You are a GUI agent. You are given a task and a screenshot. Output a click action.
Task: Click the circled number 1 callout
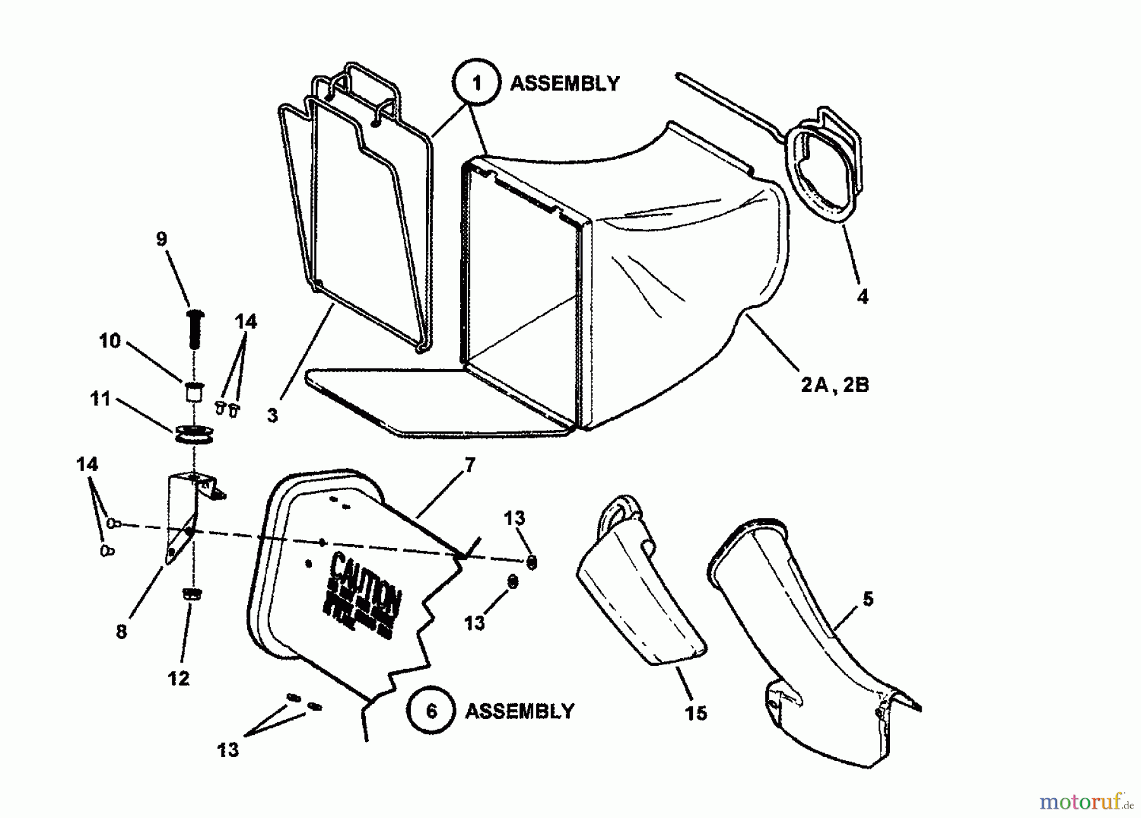pos(477,83)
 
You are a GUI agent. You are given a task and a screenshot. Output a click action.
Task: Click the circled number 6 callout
pos(432,710)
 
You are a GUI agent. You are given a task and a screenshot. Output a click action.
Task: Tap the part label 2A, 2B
pos(835,384)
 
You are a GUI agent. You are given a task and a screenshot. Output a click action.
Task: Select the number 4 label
pos(862,296)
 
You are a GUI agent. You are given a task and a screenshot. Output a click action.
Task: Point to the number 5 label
pos(868,598)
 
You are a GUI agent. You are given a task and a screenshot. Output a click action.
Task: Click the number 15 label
pos(696,713)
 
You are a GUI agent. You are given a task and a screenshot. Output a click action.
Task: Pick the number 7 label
pos(469,465)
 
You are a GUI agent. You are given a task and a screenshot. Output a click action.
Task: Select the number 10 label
pos(110,341)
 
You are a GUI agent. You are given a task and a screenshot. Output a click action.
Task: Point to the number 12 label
pos(179,678)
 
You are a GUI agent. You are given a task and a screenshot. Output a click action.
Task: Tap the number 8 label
pos(121,632)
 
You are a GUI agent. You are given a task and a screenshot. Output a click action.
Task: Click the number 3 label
pos(272,415)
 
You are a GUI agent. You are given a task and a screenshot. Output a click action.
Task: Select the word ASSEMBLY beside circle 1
pos(565,83)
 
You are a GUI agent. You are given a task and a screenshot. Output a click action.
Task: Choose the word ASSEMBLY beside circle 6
pos(520,711)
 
